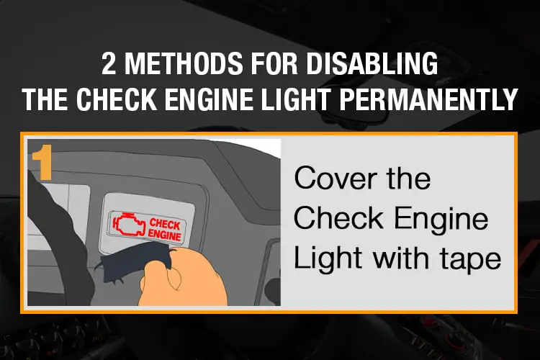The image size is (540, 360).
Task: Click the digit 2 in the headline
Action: [x=109, y=63]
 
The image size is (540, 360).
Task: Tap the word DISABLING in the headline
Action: [x=372, y=63]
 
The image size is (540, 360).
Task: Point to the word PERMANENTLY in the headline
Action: [x=428, y=99]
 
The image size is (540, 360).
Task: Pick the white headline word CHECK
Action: [x=117, y=99]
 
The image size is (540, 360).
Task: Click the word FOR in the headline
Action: [x=274, y=63]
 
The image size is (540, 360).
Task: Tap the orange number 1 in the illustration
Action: [x=42, y=162]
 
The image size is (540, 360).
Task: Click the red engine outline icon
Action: [x=127, y=224]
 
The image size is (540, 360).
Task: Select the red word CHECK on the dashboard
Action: [x=165, y=224]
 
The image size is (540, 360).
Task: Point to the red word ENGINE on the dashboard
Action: [x=164, y=235]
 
